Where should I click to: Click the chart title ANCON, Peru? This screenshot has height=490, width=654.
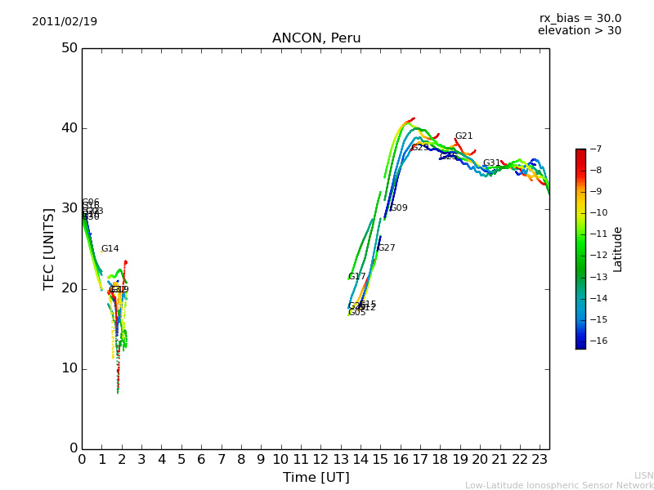[316, 38]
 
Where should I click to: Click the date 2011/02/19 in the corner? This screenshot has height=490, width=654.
[65, 21]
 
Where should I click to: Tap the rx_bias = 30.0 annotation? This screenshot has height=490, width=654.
[580, 18]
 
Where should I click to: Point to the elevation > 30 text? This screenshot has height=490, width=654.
[579, 31]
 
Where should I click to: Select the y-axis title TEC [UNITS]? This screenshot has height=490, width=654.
[49, 248]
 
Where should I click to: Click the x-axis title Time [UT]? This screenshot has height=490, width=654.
[316, 477]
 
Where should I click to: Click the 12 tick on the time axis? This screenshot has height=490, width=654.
[320, 460]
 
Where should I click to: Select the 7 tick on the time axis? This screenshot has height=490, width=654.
[221, 460]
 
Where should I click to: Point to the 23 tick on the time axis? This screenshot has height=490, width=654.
[540, 460]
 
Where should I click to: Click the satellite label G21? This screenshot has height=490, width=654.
[464, 136]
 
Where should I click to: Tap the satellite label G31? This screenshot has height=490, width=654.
[491, 163]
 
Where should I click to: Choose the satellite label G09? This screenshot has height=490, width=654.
[398, 208]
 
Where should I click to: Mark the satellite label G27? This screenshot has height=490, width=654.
[386, 248]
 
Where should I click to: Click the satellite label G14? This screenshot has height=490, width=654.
[110, 249]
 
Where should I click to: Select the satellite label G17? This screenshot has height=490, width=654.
[357, 277]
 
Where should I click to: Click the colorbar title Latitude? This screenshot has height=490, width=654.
[618, 248]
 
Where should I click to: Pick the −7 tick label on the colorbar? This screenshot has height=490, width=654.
[594, 149]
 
